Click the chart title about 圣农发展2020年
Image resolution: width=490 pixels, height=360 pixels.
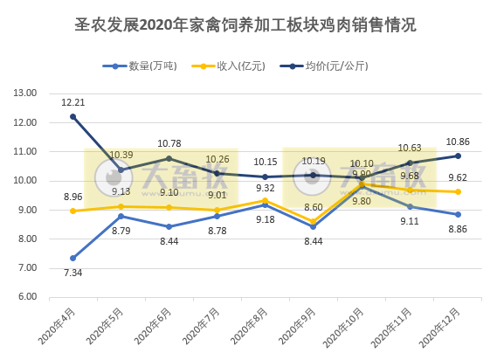click(x=245, y=25)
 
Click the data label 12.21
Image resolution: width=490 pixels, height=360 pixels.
click(x=72, y=102)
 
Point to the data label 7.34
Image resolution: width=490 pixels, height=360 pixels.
click(x=72, y=273)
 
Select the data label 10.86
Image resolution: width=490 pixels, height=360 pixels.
click(x=458, y=142)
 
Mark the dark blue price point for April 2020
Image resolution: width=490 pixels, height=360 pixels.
click(x=72, y=116)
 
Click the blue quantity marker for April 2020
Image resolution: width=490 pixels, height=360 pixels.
click(x=72, y=258)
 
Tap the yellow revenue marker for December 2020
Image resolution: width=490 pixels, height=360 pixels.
click(x=458, y=191)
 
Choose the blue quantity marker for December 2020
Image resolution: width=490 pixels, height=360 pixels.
click(x=458, y=214)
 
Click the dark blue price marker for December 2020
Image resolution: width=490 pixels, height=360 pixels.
click(x=458, y=156)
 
